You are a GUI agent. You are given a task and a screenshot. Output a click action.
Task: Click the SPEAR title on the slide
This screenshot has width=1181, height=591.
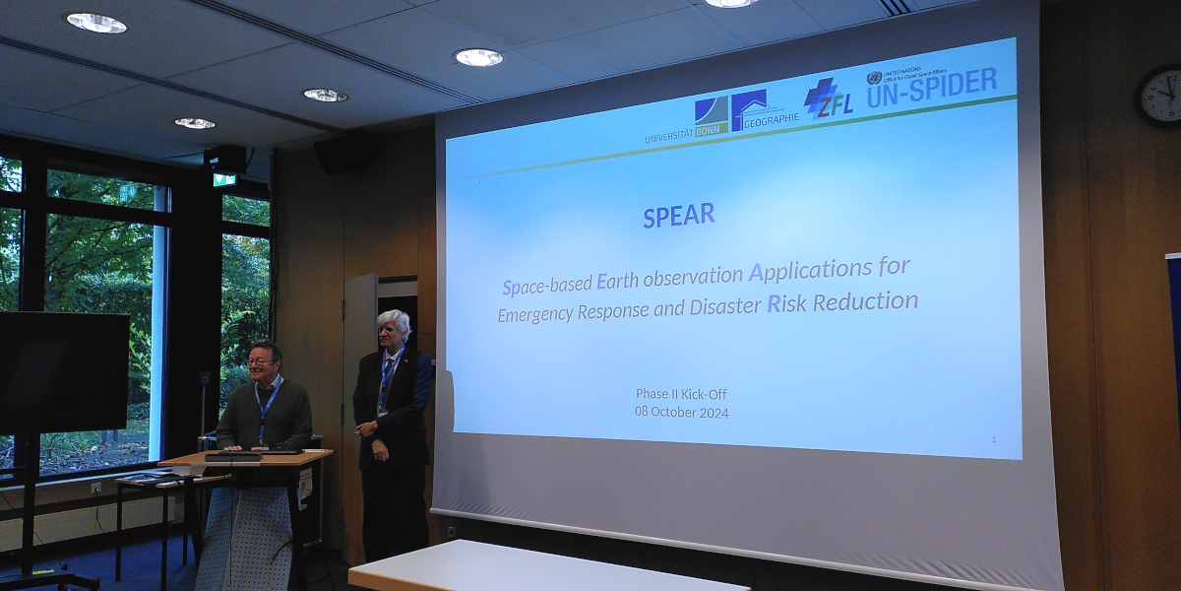pyautogui.click(x=679, y=216)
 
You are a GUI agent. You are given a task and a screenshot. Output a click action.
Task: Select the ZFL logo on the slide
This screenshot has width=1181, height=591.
pyautogui.click(x=829, y=99)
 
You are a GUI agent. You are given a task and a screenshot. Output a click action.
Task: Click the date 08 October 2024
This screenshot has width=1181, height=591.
pyautogui.click(x=682, y=413)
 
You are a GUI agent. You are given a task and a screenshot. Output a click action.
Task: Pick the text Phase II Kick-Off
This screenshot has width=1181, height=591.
pyautogui.click(x=681, y=394)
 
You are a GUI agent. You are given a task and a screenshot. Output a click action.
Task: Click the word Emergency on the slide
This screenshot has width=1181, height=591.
pyautogui.click(x=543, y=312)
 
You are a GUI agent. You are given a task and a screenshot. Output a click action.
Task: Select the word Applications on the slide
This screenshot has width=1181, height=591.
pyautogui.click(x=806, y=269)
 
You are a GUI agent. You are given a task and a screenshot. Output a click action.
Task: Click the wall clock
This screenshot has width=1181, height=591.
pyautogui.click(x=1159, y=97)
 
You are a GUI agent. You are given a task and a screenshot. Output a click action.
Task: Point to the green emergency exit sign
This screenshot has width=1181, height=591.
pyautogui.click(x=224, y=179)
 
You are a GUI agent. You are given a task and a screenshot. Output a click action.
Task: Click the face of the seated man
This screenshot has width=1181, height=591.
pyautogui.click(x=263, y=361)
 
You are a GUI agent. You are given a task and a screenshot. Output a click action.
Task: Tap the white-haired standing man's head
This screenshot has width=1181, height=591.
pyautogui.click(x=393, y=327)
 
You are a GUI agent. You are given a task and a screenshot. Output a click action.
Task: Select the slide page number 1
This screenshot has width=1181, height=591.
pyautogui.click(x=993, y=439)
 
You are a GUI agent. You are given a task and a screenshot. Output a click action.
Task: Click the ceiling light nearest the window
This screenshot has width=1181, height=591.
pyautogui.click(x=195, y=123)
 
